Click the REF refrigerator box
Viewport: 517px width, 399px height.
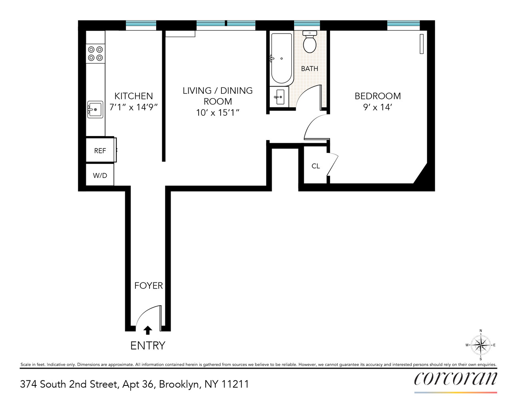[100, 150]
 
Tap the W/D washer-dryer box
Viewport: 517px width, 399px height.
[100, 176]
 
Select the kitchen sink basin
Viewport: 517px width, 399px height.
[95, 109]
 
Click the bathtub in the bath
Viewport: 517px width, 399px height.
[281, 58]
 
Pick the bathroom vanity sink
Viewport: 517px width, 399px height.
[280, 97]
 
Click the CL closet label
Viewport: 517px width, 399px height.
[316, 166]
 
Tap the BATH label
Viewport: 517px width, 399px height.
[310, 69]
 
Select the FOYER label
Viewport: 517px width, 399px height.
[148, 286]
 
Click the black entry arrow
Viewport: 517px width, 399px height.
[148, 330]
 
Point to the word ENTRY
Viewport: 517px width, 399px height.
[148, 346]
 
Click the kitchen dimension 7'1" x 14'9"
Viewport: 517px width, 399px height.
[134, 107]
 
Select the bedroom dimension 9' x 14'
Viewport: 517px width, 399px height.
[378, 107]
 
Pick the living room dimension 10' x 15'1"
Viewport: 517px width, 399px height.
[218, 113]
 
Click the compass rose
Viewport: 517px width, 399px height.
[481, 345]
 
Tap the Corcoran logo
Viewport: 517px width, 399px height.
[456, 378]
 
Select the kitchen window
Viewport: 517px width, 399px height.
[141, 25]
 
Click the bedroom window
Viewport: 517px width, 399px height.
[404, 25]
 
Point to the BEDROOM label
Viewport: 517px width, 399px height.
[378, 96]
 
